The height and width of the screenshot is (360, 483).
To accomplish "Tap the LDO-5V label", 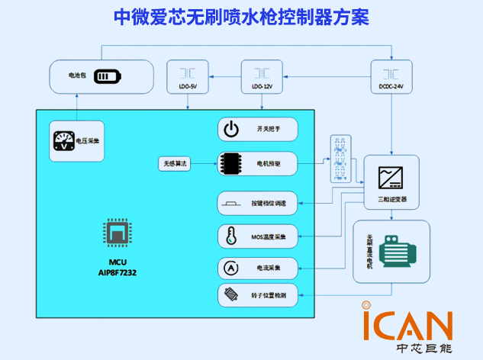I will (187, 88).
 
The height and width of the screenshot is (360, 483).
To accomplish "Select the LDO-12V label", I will (262, 88).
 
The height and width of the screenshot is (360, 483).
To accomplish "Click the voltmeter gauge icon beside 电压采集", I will (63, 140).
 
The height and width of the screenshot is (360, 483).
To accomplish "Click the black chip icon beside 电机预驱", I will (231, 163).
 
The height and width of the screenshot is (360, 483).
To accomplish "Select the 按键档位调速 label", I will (269, 204).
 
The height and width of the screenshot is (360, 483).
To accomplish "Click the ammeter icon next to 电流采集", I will (230, 268).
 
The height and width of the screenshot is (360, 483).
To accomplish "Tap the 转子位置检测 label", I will (268, 294).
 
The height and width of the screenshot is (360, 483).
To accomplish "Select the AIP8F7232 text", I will (118, 272).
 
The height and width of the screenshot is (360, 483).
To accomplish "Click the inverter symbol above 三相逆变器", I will (391, 175).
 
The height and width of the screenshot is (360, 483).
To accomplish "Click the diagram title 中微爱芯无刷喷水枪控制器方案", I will (241, 15).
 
